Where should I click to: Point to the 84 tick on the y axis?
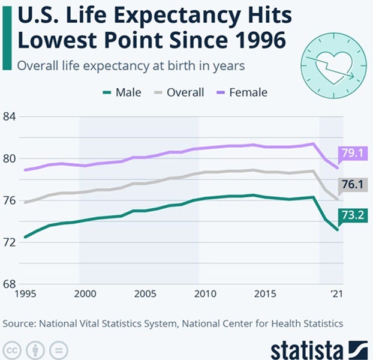pyautogui.click(x=10, y=116)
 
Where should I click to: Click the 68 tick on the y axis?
pyautogui.click(x=10, y=284)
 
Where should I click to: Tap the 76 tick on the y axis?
pyautogui.click(x=10, y=200)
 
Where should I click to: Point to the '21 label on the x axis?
pyautogui.click(x=338, y=295)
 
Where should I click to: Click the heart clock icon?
pyautogui.click(x=333, y=64)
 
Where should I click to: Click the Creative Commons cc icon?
pyautogui.click(x=11, y=350)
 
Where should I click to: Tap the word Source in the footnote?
pyautogui.click(x=19, y=323)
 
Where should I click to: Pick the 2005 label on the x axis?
pyautogui.click(x=144, y=295)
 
